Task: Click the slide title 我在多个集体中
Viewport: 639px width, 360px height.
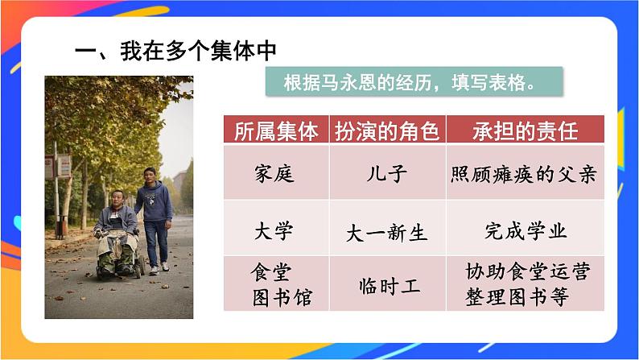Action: (x=175, y=51)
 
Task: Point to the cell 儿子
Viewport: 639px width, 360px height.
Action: (x=386, y=173)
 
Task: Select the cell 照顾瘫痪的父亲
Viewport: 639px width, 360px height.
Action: (x=524, y=173)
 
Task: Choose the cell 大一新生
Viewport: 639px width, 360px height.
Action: (x=386, y=233)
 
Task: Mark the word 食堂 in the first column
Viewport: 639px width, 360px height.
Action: (x=270, y=272)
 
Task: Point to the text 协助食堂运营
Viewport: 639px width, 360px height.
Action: (x=527, y=271)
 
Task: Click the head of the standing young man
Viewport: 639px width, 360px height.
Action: (x=149, y=174)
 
